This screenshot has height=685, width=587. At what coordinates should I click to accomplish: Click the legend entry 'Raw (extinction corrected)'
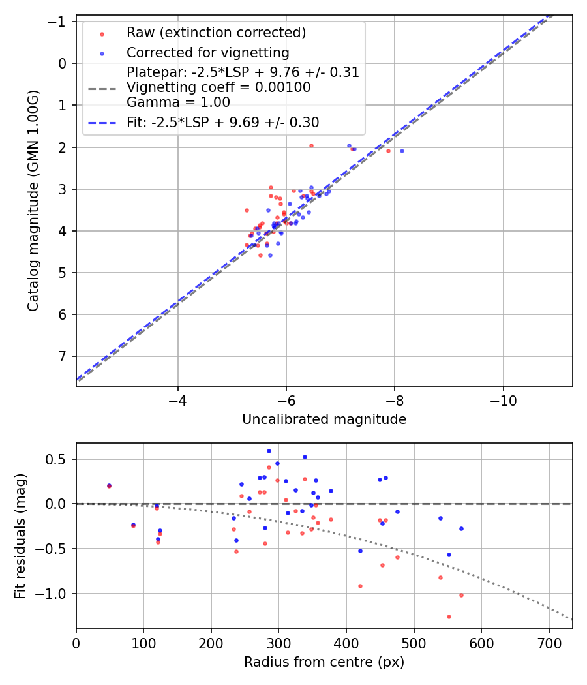pos(216,33)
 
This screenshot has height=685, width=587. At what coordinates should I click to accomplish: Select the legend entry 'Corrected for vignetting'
pos(207,52)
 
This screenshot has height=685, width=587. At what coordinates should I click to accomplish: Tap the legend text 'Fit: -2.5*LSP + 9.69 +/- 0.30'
pos(222,122)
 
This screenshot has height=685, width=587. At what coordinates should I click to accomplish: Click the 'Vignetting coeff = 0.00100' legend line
pos(218,87)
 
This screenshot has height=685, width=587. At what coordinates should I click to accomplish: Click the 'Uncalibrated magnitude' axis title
pos(324,419)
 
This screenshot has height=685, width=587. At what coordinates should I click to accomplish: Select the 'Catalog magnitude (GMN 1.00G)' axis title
pos(33,200)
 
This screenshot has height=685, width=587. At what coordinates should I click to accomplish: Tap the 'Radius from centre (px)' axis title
pos(324,662)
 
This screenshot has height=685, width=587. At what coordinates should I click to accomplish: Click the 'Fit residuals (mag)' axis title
pos(20,536)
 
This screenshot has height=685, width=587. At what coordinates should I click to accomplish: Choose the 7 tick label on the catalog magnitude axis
pos(63,356)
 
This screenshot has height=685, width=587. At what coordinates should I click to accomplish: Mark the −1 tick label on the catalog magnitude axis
pos(58,22)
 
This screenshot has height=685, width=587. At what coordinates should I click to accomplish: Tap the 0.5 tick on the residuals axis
pos(60,459)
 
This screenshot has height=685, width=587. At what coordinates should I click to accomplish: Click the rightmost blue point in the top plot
pos(402,151)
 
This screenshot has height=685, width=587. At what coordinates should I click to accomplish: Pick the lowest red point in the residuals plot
pos(449,616)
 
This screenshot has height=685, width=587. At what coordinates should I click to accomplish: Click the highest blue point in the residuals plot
pos(269,451)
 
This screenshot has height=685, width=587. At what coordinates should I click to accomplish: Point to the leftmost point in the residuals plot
pos(109,485)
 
